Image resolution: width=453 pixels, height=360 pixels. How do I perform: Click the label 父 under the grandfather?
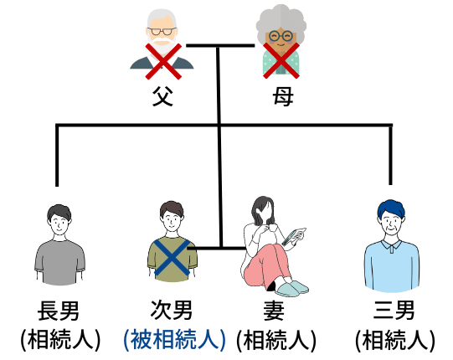162,96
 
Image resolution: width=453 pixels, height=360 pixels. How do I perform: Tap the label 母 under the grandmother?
283,96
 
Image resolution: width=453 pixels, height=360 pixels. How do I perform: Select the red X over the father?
163,61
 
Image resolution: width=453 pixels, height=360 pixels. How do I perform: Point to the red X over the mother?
281,60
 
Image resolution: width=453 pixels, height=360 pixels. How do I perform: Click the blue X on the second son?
172,257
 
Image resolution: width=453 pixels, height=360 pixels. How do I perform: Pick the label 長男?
59,311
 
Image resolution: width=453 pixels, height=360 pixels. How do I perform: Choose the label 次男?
172,310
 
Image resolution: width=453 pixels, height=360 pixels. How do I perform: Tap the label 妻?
274,311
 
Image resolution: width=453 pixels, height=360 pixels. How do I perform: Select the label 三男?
394,310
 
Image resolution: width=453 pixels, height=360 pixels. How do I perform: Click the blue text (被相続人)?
174,340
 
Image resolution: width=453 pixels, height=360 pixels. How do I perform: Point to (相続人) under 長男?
60,340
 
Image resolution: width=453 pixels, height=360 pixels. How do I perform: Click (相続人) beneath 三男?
395,340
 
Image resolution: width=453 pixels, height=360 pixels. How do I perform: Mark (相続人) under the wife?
276,340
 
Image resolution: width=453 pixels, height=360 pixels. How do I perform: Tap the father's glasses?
162,31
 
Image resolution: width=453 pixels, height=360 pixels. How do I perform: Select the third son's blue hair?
391,208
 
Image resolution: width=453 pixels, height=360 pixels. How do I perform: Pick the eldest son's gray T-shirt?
59,262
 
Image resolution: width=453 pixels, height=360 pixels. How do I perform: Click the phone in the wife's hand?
291,237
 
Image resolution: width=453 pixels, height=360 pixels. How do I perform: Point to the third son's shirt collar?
391,245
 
